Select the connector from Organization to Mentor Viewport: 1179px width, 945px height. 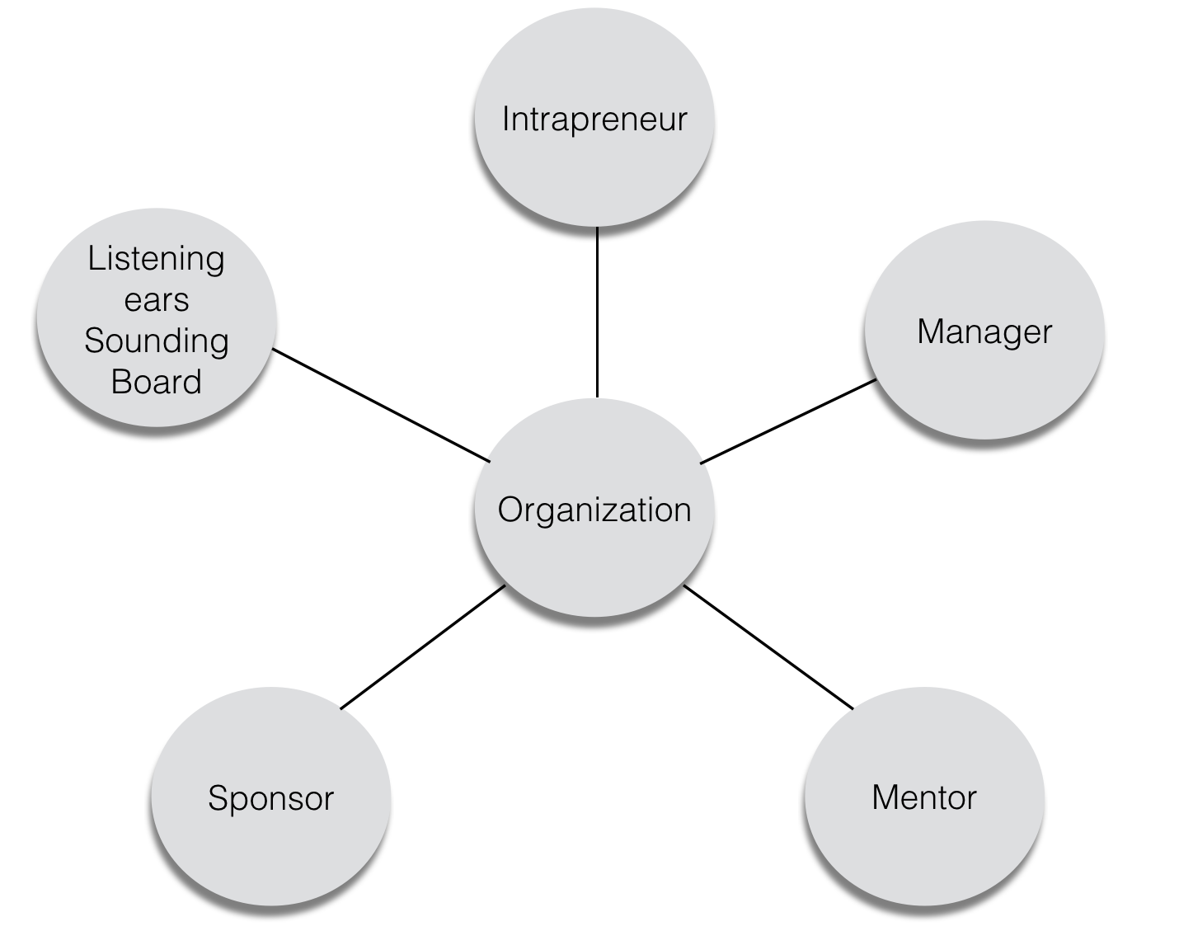[x=768, y=646]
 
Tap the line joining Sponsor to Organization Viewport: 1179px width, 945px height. [x=422, y=646]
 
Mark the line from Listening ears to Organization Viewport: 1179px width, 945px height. [x=381, y=405]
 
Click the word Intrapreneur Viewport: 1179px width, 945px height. [x=594, y=119]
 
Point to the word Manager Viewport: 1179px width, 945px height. [x=984, y=331]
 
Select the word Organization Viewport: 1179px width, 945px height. [x=594, y=510]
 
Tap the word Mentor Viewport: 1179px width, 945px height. [x=923, y=797]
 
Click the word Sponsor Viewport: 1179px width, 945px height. [x=270, y=798]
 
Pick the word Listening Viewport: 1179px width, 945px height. [x=156, y=260]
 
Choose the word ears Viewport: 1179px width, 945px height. [x=156, y=300]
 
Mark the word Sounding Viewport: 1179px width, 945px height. [x=156, y=341]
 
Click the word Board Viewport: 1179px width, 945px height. [x=156, y=382]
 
